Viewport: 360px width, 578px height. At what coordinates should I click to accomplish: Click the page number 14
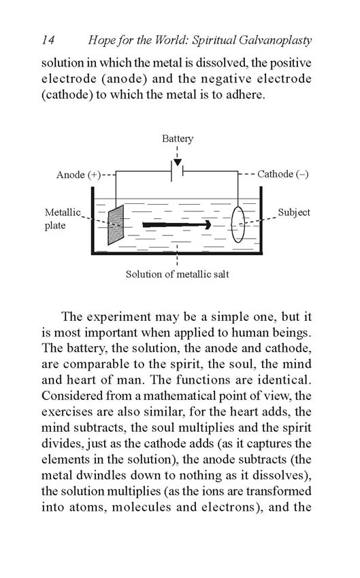tap(48, 40)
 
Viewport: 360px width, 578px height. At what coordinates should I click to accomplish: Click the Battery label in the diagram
tap(178, 139)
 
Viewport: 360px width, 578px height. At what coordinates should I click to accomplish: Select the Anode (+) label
tap(78, 174)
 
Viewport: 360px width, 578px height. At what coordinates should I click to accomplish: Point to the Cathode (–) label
tap(283, 174)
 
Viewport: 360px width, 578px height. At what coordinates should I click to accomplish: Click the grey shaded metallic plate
tap(116, 225)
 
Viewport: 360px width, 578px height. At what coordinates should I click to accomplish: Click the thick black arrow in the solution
tap(177, 224)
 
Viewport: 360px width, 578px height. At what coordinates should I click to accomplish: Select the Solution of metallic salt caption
tap(178, 274)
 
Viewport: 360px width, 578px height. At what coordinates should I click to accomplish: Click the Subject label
tap(294, 212)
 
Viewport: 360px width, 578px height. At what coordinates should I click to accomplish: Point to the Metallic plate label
tap(63, 218)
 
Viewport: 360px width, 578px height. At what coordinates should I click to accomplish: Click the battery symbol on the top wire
tap(178, 171)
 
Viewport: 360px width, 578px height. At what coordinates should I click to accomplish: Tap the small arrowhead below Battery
tap(178, 163)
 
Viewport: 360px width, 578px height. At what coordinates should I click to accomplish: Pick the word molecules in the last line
tap(142, 507)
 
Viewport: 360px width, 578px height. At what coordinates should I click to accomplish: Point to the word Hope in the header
tap(102, 41)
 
